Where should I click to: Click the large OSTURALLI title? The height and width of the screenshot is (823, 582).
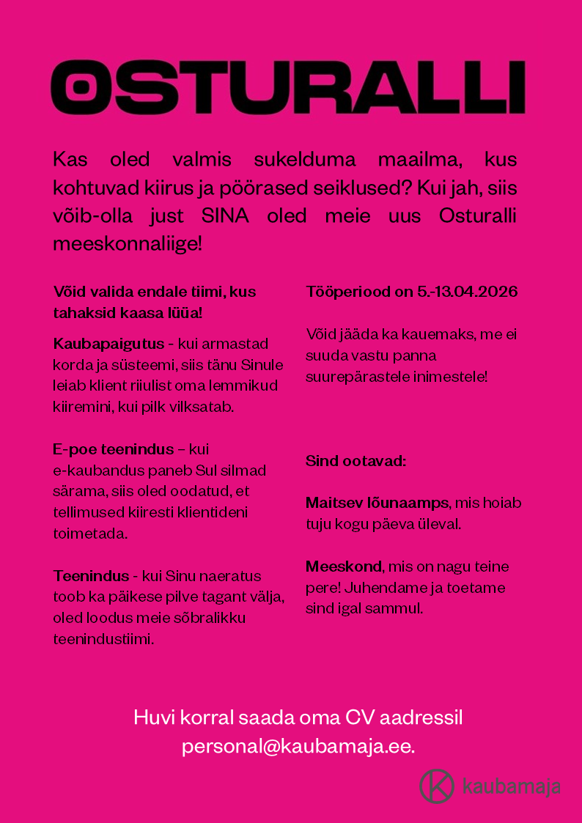288,87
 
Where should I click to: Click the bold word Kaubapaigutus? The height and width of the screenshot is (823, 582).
108,344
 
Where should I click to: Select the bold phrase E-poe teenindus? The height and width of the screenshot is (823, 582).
114,449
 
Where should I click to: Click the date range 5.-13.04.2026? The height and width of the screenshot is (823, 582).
468,292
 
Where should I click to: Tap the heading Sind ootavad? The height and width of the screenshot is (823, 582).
356,462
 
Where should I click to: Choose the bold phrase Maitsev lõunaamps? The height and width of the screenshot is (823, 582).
377,503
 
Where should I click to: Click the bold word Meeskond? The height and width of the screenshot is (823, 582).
344,566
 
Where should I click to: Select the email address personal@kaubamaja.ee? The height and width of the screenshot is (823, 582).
298,746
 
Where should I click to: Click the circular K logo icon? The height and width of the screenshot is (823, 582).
437,786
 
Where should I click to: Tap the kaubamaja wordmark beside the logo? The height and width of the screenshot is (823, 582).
511,786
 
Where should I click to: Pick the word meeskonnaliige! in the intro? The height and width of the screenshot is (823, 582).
127,244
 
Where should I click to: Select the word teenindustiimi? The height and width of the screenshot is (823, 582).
103,639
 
